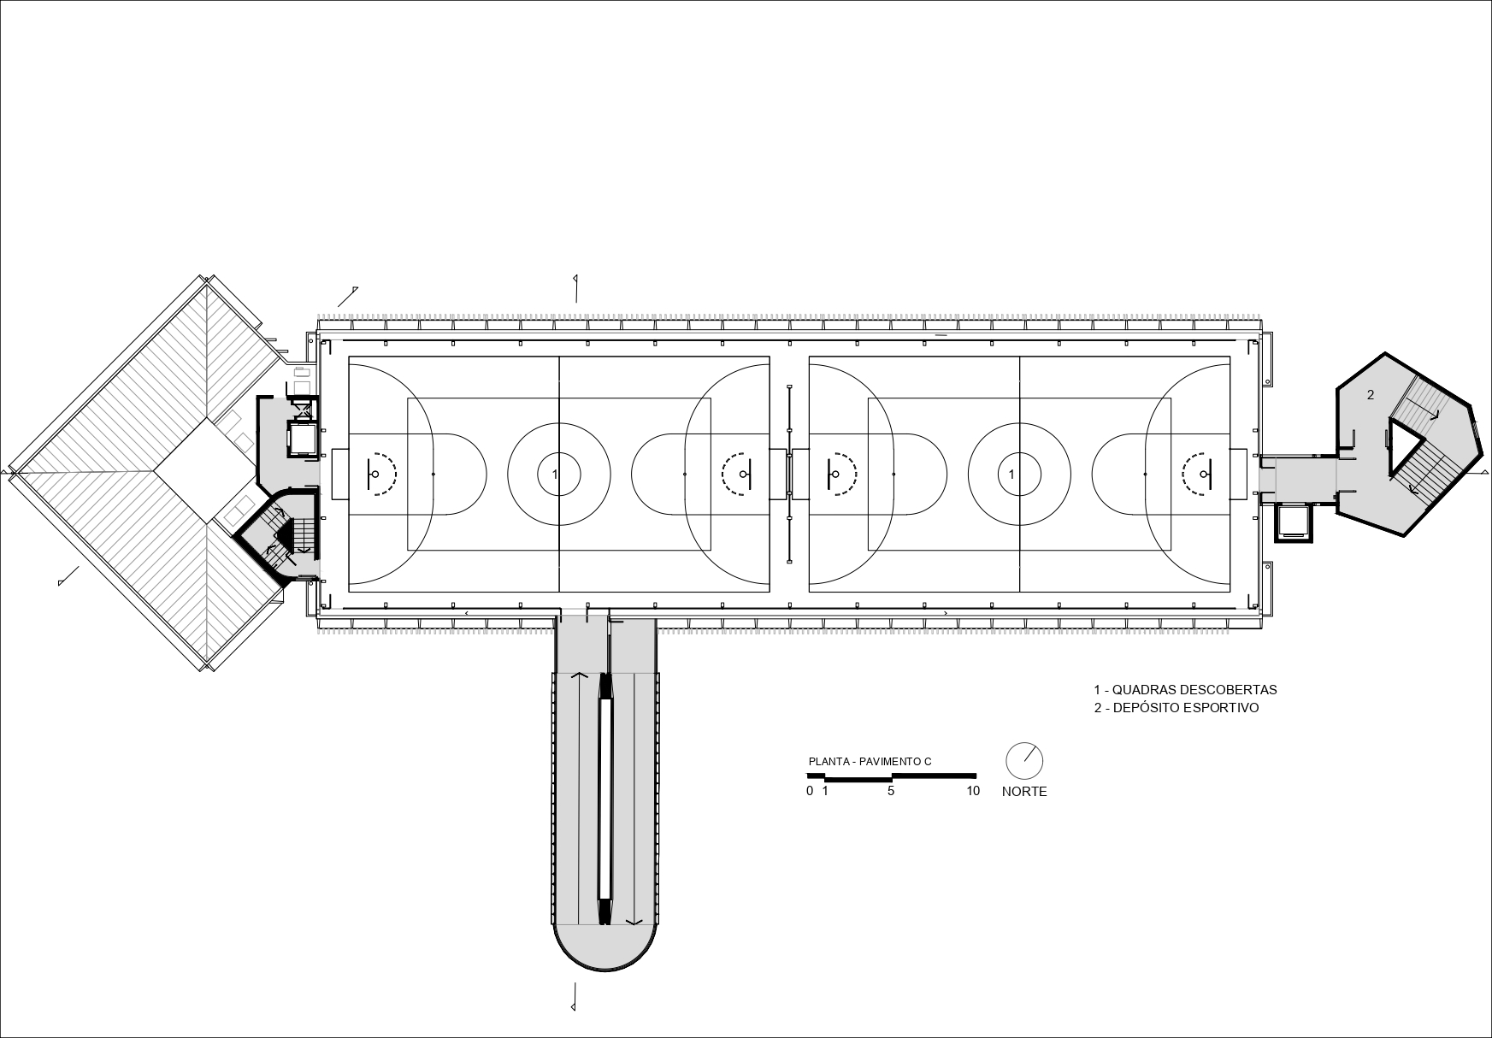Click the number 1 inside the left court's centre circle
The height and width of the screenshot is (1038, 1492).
[x=556, y=474]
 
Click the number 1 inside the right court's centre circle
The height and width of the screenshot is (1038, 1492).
[x=1012, y=474]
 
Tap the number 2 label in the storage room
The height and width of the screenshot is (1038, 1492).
[x=1371, y=394]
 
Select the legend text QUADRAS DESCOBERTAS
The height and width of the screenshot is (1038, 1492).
[x=1194, y=689]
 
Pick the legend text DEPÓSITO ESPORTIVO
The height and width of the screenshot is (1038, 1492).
[x=1186, y=708]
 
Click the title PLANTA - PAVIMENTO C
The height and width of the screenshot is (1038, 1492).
[x=870, y=761]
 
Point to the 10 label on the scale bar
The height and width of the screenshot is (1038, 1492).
[x=973, y=791]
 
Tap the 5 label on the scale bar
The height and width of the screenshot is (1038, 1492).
[x=891, y=791]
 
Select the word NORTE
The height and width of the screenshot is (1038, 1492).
[x=1024, y=792]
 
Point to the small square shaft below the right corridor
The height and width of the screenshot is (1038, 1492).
[x=1292, y=522]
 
